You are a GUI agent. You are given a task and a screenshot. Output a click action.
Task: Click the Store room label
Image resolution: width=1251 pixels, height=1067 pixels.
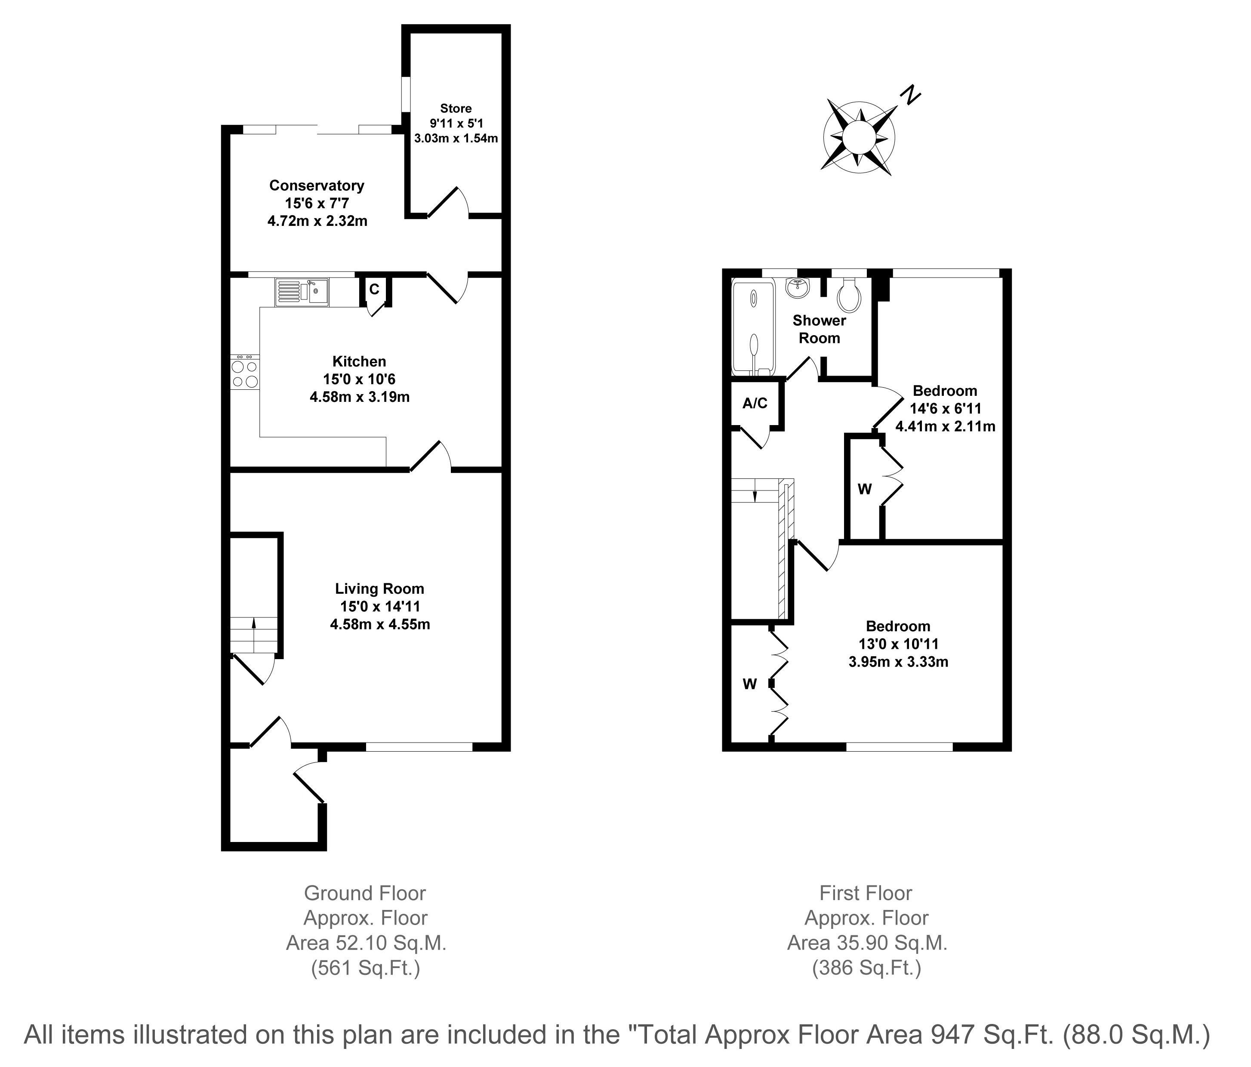tap(456, 109)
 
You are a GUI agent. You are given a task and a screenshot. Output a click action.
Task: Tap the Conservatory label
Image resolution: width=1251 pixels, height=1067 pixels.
tap(317, 185)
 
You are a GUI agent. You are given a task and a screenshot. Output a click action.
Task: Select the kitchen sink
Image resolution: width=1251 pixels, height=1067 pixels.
tap(302, 292)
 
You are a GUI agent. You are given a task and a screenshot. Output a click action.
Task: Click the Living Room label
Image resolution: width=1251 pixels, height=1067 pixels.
tap(380, 589)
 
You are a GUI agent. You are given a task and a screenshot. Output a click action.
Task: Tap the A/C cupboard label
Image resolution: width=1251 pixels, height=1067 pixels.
tap(755, 404)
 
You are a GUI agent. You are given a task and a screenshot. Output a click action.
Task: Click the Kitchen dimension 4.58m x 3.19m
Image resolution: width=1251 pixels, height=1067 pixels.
tap(360, 397)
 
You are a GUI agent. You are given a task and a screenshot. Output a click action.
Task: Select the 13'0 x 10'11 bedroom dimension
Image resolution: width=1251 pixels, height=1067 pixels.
tap(898, 645)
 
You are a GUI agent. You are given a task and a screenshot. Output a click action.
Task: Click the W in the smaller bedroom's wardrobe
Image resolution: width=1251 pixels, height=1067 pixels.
tap(865, 490)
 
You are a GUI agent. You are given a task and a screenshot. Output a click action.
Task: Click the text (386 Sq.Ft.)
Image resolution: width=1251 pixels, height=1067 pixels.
tap(866, 968)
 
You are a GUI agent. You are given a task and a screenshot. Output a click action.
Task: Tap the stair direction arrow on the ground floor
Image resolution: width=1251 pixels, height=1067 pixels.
tap(253, 635)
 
